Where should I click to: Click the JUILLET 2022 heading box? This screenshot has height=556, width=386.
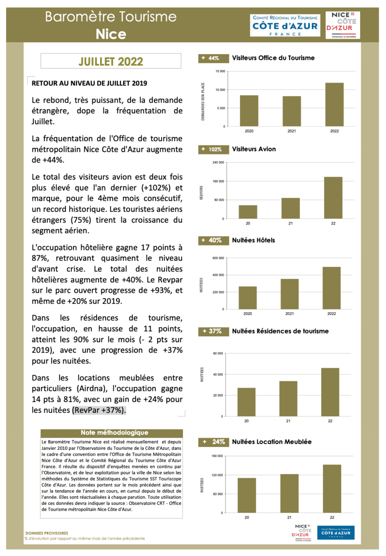(x=111, y=61)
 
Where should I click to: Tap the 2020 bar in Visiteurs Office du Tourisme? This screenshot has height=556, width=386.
(x=249, y=111)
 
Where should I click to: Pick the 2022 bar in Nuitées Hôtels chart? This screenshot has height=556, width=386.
(x=331, y=288)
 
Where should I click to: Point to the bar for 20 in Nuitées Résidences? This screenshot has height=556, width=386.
(x=247, y=402)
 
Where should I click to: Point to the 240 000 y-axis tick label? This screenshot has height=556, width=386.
(x=218, y=163)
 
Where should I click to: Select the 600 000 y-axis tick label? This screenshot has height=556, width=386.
(x=218, y=258)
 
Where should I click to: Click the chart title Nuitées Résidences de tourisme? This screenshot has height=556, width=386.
(x=280, y=331)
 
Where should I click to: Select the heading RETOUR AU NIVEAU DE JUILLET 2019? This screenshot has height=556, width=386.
(x=89, y=83)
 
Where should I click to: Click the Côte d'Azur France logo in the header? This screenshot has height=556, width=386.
(x=285, y=25)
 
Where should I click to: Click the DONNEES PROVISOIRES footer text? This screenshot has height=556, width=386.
(x=47, y=533)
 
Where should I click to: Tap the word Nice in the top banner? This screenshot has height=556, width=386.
(x=111, y=33)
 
